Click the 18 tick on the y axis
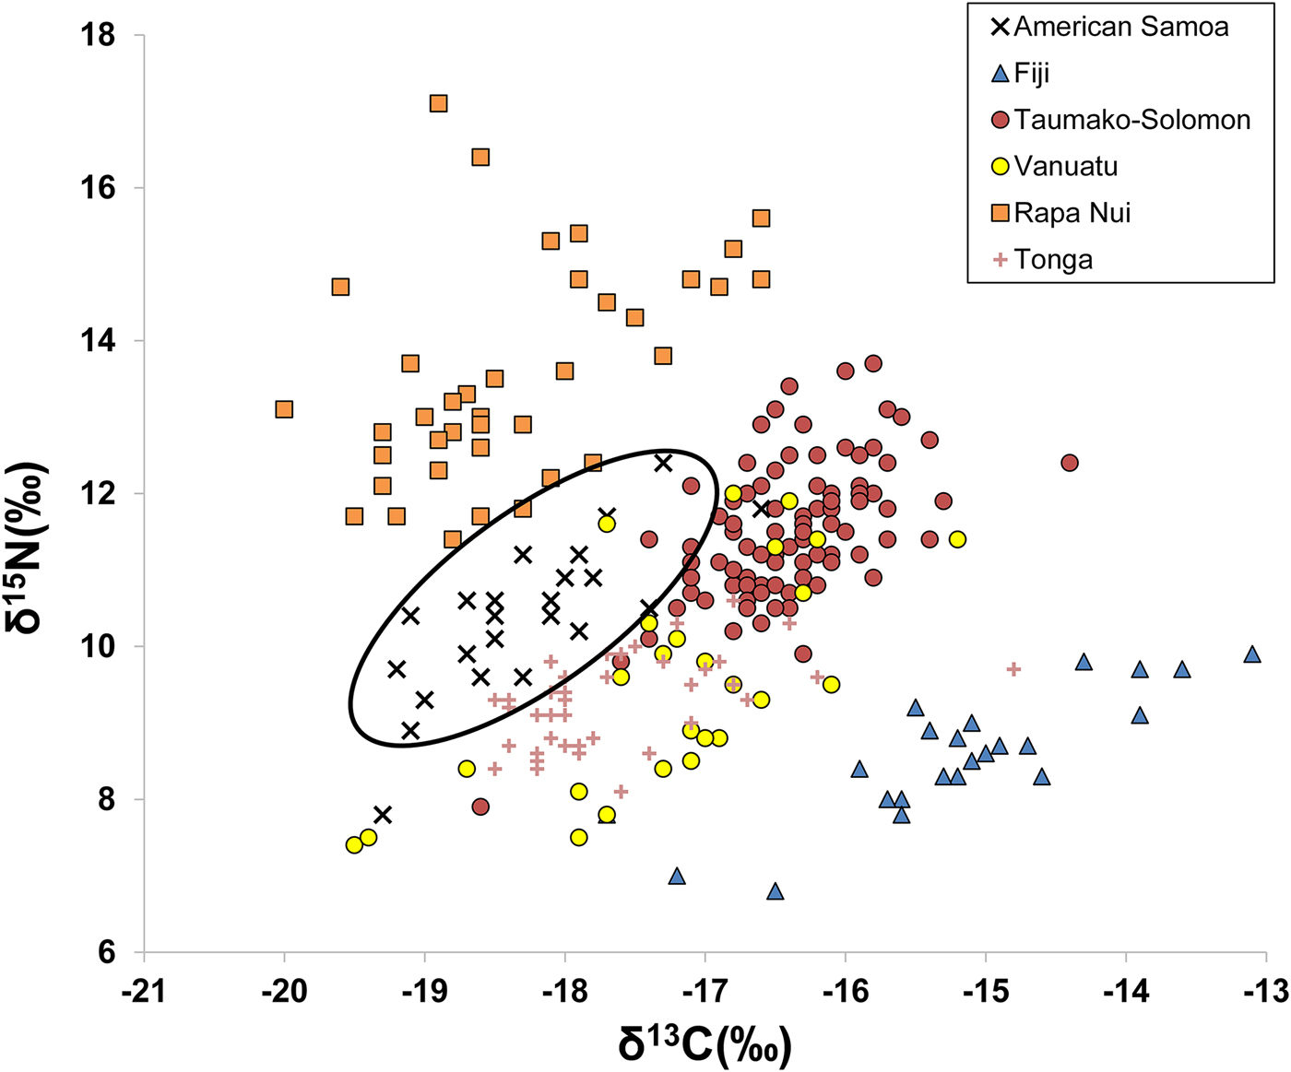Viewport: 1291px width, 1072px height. pos(99,36)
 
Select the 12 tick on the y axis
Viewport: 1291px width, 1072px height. pos(99,494)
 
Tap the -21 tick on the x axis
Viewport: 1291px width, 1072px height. pos(144,991)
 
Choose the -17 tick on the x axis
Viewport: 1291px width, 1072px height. pos(705,991)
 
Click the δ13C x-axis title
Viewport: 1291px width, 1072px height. pos(705,1043)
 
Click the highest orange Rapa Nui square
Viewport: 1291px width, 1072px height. pos(439,103)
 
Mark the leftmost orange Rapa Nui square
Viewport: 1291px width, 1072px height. pos(284,409)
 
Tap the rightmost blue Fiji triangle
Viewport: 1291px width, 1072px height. pos(1251,654)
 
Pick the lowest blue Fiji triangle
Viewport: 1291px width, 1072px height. pos(775,891)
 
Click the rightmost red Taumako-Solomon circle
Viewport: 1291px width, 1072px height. pos(1070,463)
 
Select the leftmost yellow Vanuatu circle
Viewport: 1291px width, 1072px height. pos(354,845)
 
